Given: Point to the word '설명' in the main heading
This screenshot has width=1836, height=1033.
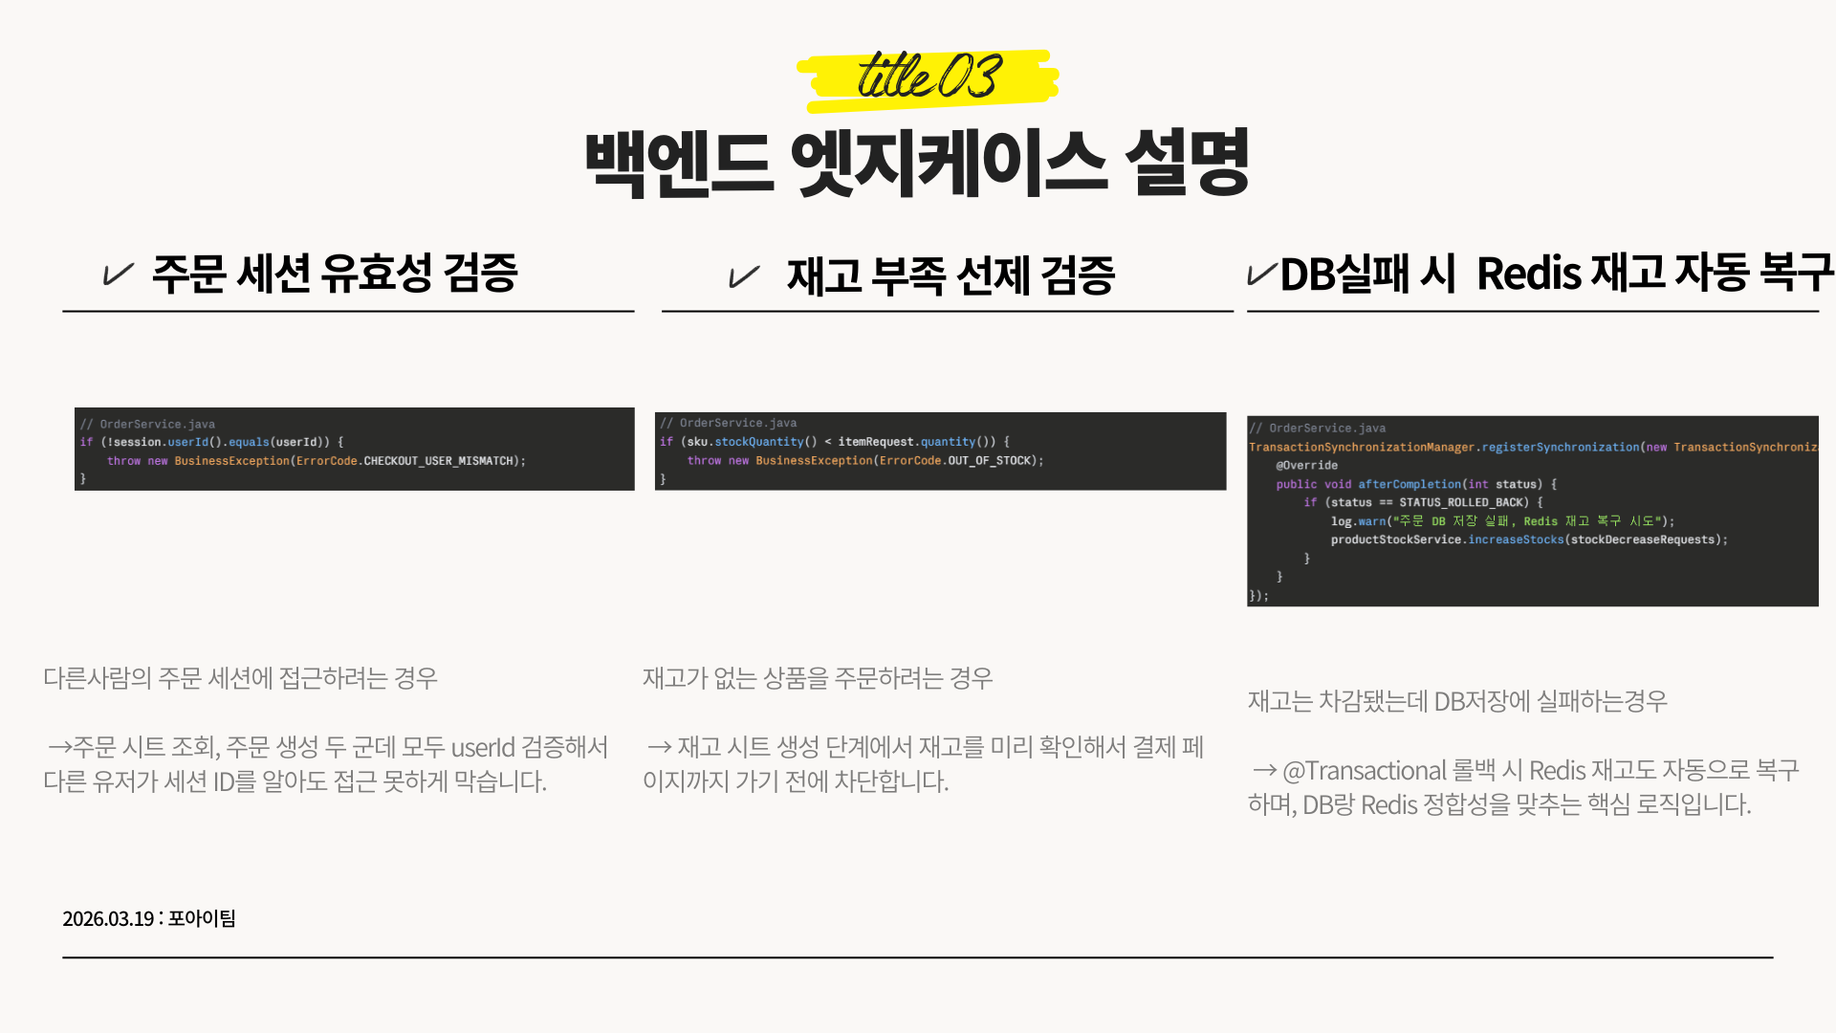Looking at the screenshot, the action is click(x=1188, y=164).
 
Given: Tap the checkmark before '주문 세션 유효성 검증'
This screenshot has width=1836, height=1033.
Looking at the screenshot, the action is click(x=118, y=275).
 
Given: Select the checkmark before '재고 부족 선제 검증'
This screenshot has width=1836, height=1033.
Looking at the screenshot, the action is click(x=744, y=277).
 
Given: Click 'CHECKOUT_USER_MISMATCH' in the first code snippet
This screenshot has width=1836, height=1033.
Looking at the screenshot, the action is click(x=439, y=461).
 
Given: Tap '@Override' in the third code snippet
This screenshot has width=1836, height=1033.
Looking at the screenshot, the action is click(x=1306, y=466).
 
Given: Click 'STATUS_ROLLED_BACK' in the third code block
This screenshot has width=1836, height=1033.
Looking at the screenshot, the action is click(x=1464, y=503).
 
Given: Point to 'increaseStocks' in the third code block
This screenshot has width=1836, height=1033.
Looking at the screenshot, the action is click(x=1516, y=540).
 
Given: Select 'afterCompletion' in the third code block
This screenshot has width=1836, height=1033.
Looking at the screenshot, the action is click(x=1410, y=485).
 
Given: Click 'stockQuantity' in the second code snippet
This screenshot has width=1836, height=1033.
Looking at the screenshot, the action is click(x=759, y=442).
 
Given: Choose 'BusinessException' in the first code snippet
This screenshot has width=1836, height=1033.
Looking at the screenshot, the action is click(x=231, y=461).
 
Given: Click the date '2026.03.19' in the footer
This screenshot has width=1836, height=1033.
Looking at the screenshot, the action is click(x=108, y=919).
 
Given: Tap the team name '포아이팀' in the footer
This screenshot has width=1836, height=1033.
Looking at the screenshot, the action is click(x=202, y=918).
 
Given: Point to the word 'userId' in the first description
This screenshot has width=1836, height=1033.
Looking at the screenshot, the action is click(x=483, y=748).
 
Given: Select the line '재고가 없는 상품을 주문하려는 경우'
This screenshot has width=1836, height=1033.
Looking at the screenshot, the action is click(x=818, y=678).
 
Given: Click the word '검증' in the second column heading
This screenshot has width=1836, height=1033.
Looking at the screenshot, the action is click(x=1078, y=276).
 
